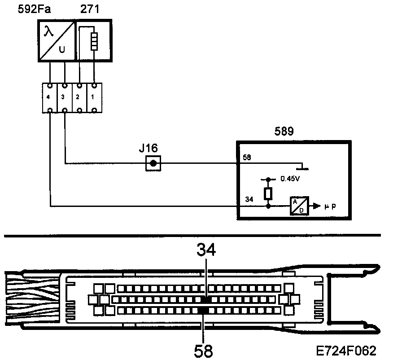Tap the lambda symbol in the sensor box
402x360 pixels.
[x=48, y=32]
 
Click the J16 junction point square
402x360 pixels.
[x=153, y=163]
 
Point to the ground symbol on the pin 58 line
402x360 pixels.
[x=304, y=167]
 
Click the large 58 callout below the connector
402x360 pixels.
[x=204, y=350]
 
